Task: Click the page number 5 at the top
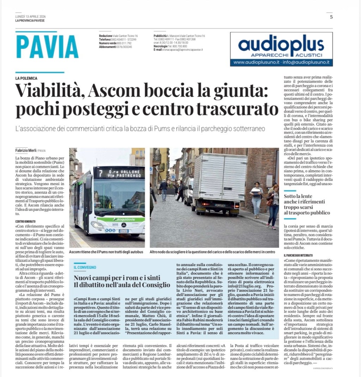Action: point(331,17)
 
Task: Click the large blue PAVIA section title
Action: point(47,46)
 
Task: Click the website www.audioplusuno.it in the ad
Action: point(257,62)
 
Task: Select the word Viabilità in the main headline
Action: point(48,92)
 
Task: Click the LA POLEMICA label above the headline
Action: point(26,78)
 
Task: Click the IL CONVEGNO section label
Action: point(85,268)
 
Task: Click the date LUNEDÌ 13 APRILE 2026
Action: point(30,17)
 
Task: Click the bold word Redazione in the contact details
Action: point(105,36)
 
